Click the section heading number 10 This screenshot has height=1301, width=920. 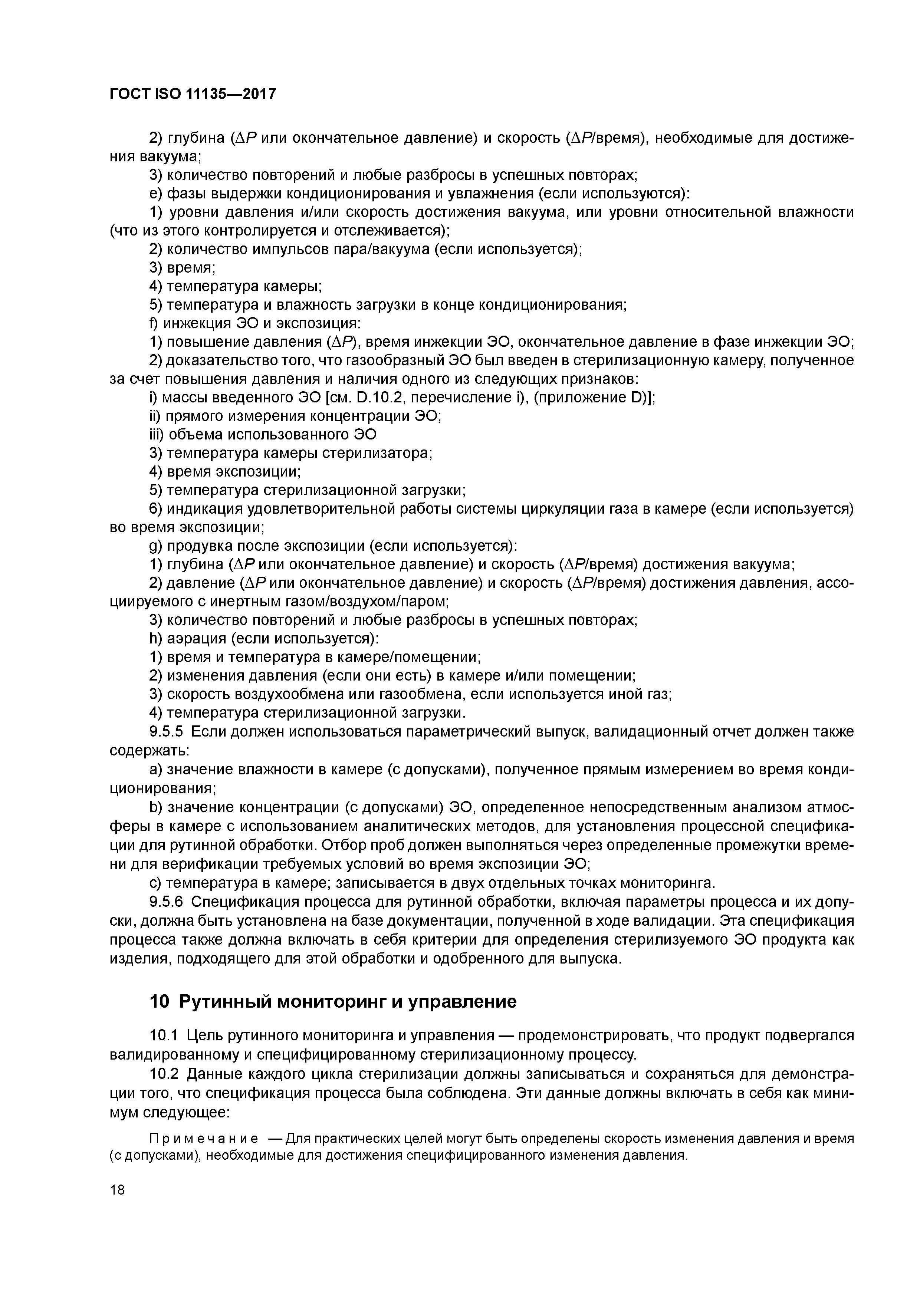coord(159,1002)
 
